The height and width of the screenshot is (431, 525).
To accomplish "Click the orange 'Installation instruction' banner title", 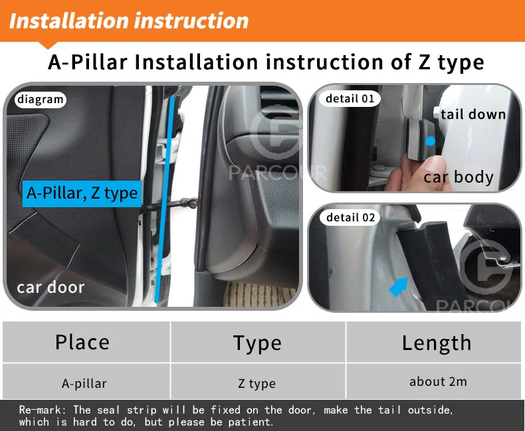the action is coord(129,21).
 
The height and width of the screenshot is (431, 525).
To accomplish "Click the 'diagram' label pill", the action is coord(40,100).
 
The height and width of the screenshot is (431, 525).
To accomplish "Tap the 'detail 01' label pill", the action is coord(350,99).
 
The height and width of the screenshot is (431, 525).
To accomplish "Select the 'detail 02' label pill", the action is coord(350,218).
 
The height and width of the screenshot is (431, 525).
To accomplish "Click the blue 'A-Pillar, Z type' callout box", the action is coord(82,193).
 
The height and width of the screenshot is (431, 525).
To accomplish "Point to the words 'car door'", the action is coord(51,288).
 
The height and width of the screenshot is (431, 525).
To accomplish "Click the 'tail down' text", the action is coord(472,114).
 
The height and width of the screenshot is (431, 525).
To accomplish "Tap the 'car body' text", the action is coord(459,177).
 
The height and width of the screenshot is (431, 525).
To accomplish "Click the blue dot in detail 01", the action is coord(430,141).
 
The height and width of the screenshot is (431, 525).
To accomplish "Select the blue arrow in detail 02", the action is coord(400,286).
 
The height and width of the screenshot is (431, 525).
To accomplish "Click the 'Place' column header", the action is coord(82,342).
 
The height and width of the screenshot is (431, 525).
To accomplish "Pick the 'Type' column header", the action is coord(257,343).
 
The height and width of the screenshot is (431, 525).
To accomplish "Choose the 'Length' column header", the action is coord(436,343).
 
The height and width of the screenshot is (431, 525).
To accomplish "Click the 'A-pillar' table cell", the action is coord(84,383).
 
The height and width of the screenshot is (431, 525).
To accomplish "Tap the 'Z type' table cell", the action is coord(257,383).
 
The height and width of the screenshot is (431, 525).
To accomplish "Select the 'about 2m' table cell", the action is coord(438,381).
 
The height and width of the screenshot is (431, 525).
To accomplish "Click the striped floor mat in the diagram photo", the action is coord(259,294).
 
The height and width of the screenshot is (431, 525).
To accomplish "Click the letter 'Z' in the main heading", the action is coord(424,62).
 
